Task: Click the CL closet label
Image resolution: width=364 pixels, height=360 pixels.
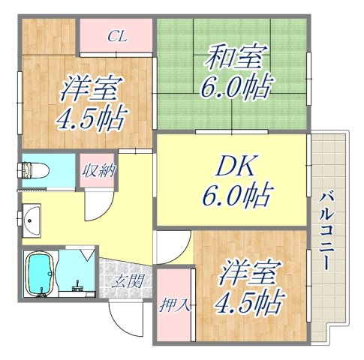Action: (x=116, y=34)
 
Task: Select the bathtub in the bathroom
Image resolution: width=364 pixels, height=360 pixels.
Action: (x=41, y=274)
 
